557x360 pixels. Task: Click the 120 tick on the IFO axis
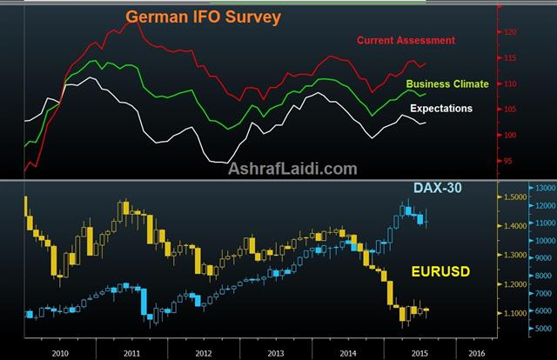pos(511,32)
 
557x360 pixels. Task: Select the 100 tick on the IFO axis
pos(511,136)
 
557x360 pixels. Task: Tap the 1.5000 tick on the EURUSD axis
pos(513,197)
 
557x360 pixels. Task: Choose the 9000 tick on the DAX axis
pos(541,258)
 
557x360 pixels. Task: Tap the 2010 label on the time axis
pos(60,354)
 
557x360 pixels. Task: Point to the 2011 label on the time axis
pos(131,354)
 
